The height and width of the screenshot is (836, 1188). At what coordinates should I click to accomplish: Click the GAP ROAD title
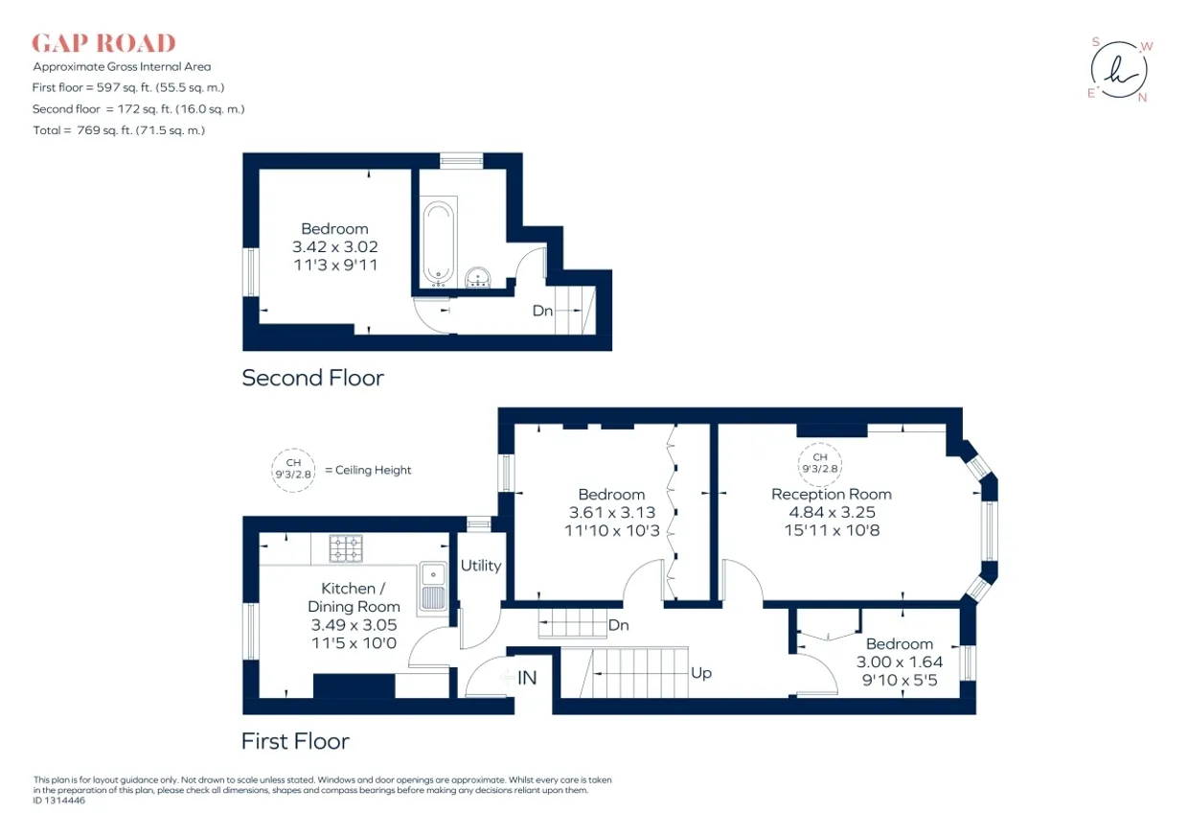(x=103, y=43)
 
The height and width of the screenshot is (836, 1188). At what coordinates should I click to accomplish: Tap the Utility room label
(x=481, y=566)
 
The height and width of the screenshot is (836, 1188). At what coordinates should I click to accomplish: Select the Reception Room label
(x=831, y=494)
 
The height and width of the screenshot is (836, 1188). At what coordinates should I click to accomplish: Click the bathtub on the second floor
(x=439, y=242)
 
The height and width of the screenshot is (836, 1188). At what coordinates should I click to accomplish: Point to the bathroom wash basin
(x=478, y=277)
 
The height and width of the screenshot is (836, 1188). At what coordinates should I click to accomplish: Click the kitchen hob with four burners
(x=346, y=548)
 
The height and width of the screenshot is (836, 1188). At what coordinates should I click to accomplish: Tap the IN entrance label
(x=527, y=678)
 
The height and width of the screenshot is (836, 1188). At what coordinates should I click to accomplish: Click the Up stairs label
(x=701, y=673)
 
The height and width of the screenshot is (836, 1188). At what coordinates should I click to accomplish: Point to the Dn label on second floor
(x=542, y=311)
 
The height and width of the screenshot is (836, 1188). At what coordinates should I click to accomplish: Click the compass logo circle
(x=1119, y=70)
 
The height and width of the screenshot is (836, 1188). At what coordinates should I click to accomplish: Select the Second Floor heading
(x=313, y=378)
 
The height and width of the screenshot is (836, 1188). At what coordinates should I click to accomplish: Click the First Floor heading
(x=295, y=741)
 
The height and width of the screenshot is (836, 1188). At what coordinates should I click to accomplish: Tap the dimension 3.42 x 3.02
(x=335, y=246)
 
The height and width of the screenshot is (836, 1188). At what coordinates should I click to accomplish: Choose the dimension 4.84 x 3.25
(x=832, y=512)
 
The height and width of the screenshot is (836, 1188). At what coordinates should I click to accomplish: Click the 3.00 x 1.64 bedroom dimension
(x=900, y=662)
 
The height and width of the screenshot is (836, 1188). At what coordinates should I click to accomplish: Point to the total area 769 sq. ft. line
(x=119, y=130)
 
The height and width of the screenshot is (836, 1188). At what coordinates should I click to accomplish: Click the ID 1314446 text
(x=58, y=801)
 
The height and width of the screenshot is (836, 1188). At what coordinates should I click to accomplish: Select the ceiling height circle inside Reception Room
(x=820, y=464)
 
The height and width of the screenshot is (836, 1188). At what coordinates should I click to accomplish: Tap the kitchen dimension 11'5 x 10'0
(x=354, y=643)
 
